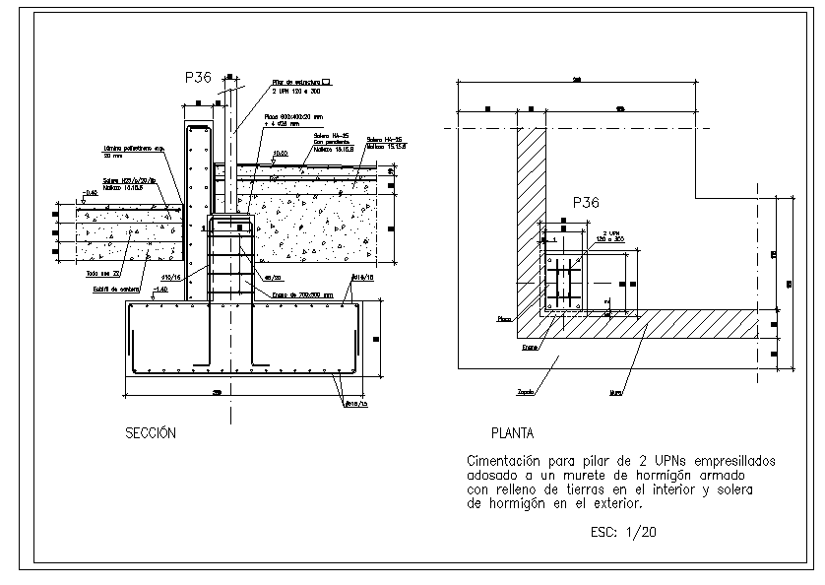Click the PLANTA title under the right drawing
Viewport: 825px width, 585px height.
click(512, 432)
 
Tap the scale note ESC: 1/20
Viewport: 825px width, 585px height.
click(624, 532)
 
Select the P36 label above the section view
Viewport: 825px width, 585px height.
click(199, 77)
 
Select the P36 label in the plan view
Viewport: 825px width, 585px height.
click(586, 203)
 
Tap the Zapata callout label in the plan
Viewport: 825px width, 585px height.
click(527, 391)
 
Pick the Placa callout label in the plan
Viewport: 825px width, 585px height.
click(504, 318)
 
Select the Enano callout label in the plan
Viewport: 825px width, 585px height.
click(530, 347)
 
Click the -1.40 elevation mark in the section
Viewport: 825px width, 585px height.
click(160, 289)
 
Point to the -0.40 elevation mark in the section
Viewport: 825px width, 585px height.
click(92, 193)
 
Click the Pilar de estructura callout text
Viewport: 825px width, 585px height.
click(296, 83)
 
